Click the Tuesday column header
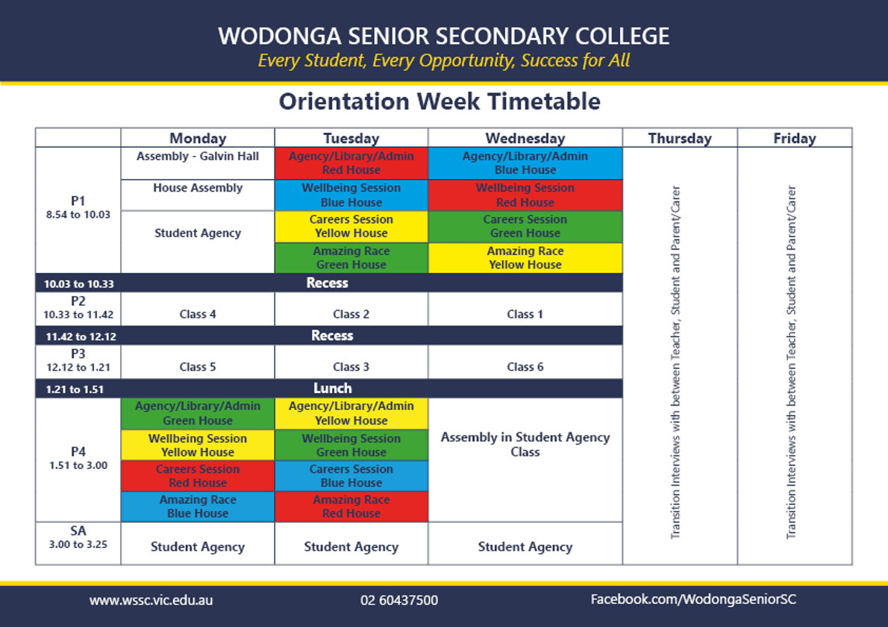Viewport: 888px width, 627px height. (x=351, y=138)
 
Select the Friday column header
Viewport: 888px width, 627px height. (x=795, y=138)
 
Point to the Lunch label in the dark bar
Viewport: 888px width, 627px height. (x=332, y=388)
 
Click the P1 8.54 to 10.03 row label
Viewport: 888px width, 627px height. (x=78, y=208)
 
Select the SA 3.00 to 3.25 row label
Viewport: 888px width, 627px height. (x=78, y=538)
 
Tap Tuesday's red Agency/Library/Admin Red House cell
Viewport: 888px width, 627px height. (x=351, y=163)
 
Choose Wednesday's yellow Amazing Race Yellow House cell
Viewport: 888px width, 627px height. (x=525, y=258)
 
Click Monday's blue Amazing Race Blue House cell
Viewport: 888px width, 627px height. (x=198, y=506)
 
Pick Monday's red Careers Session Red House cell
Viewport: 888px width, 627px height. (x=198, y=476)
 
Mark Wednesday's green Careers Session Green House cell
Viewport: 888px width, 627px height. (x=525, y=227)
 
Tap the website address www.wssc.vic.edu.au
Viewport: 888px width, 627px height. (x=151, y=600)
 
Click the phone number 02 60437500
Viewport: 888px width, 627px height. (x=399, y=600)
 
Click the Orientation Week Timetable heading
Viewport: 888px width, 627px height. (x=440, y=102)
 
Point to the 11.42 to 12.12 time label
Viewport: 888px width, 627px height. (x=81, y=337)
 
